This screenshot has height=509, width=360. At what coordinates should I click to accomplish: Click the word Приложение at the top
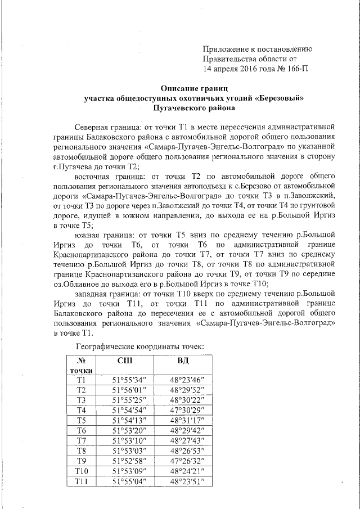[x=228, y=49]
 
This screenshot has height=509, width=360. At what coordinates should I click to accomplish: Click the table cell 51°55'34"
[x=130, y=380]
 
